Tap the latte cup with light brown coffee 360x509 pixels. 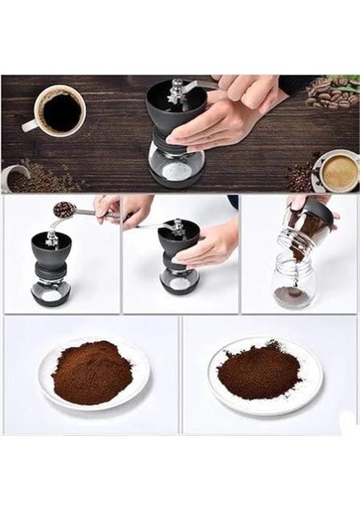339,171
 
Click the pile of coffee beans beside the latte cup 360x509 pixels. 301,175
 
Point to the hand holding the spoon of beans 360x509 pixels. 107,208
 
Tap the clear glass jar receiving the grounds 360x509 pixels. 295,283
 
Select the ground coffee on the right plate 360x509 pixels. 260,370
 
